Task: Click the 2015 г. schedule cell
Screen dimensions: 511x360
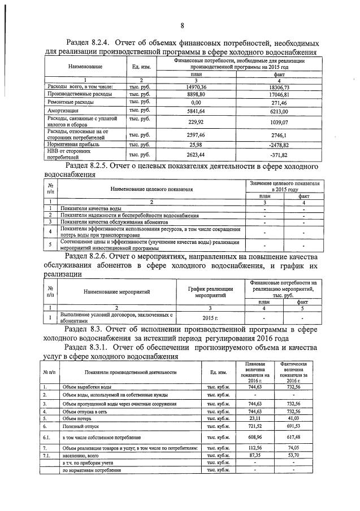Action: click(202, 318)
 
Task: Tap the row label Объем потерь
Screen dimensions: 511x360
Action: click(78, 419)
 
